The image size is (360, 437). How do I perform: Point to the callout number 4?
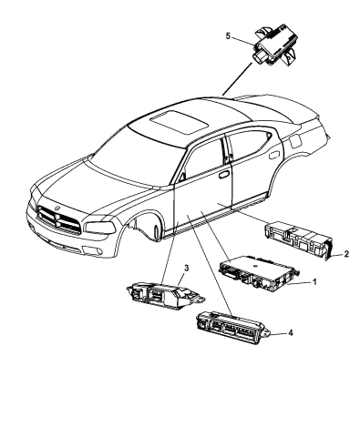[290, 333]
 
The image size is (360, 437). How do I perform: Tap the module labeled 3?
[156, 294]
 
